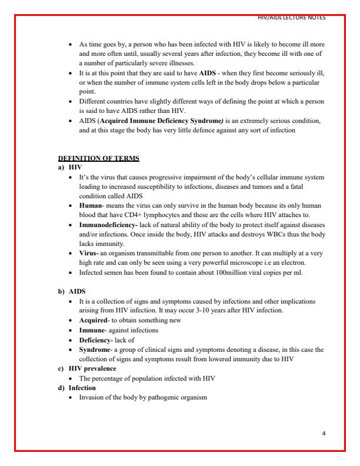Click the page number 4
tap(324, 432)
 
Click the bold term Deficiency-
tap(96, 339)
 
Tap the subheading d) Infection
tap(81, 388)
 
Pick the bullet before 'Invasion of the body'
tap(71, 398)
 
